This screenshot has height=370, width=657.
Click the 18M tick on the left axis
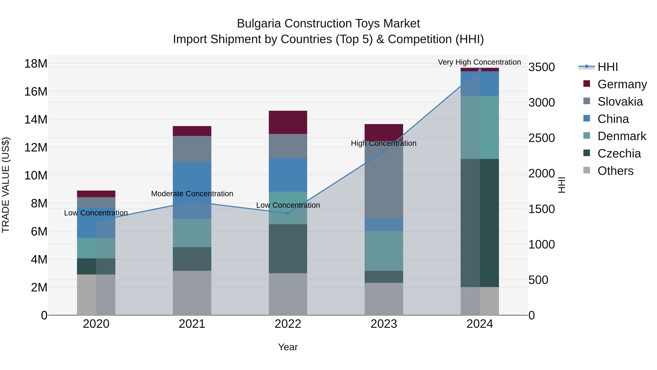[36, 64]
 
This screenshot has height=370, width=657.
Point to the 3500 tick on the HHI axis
[541, 67]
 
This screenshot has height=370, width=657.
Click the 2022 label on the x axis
[288, 324]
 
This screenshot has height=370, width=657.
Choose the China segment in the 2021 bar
[192, 179]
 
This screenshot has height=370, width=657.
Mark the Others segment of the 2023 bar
[384, 299]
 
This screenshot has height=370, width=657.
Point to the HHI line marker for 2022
[288, 213]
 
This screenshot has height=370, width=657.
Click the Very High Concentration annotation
[479, 62]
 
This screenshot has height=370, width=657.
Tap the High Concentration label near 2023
[384, 143]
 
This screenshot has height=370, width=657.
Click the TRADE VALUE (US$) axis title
[6, 185]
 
